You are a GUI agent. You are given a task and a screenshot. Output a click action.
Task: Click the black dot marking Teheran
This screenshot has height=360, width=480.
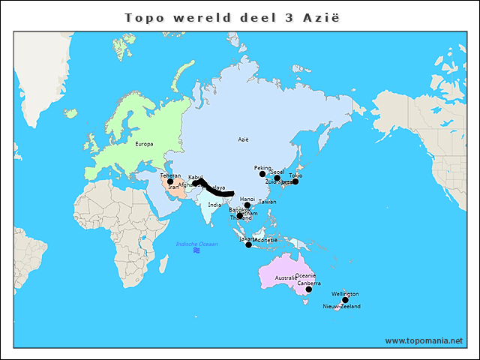tap(170, 181)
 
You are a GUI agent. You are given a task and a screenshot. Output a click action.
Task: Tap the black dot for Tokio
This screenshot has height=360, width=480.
tap(295, 181)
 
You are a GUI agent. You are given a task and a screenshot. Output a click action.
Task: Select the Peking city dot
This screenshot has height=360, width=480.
tap(262, 174)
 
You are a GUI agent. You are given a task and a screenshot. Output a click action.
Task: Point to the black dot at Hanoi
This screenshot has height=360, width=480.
tap(247, 205)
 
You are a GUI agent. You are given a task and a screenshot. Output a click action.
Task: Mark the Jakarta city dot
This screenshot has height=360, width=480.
tap(249, 244)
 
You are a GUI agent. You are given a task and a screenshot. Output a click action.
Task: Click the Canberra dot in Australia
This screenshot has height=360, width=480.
tap(308, 289)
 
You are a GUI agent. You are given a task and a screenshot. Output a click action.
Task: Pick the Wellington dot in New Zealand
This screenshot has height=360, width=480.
tap(345, 300)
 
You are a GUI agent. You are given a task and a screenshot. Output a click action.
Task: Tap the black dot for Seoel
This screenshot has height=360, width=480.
tap(277, 178)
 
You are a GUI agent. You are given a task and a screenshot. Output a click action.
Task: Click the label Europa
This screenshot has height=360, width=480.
tap(144, 143)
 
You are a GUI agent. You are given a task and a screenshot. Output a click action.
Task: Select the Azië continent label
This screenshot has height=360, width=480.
tap(243, 139)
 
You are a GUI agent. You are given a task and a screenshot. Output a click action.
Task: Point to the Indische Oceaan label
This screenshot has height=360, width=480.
tap(197, 244)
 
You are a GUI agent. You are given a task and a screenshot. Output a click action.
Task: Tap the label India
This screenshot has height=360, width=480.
tap(215, 204)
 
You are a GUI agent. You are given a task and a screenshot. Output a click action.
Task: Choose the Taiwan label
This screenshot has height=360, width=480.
tap(267, 202)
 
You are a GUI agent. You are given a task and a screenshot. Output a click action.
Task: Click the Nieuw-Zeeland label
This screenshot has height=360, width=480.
tap(342, 307)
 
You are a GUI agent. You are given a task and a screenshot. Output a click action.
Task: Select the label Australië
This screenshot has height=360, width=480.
tap(286, 278)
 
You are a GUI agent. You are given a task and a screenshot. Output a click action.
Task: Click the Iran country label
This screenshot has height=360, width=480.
tap(173, 187)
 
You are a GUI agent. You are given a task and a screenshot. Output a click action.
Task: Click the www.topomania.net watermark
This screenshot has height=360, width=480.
tap(424, 340)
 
